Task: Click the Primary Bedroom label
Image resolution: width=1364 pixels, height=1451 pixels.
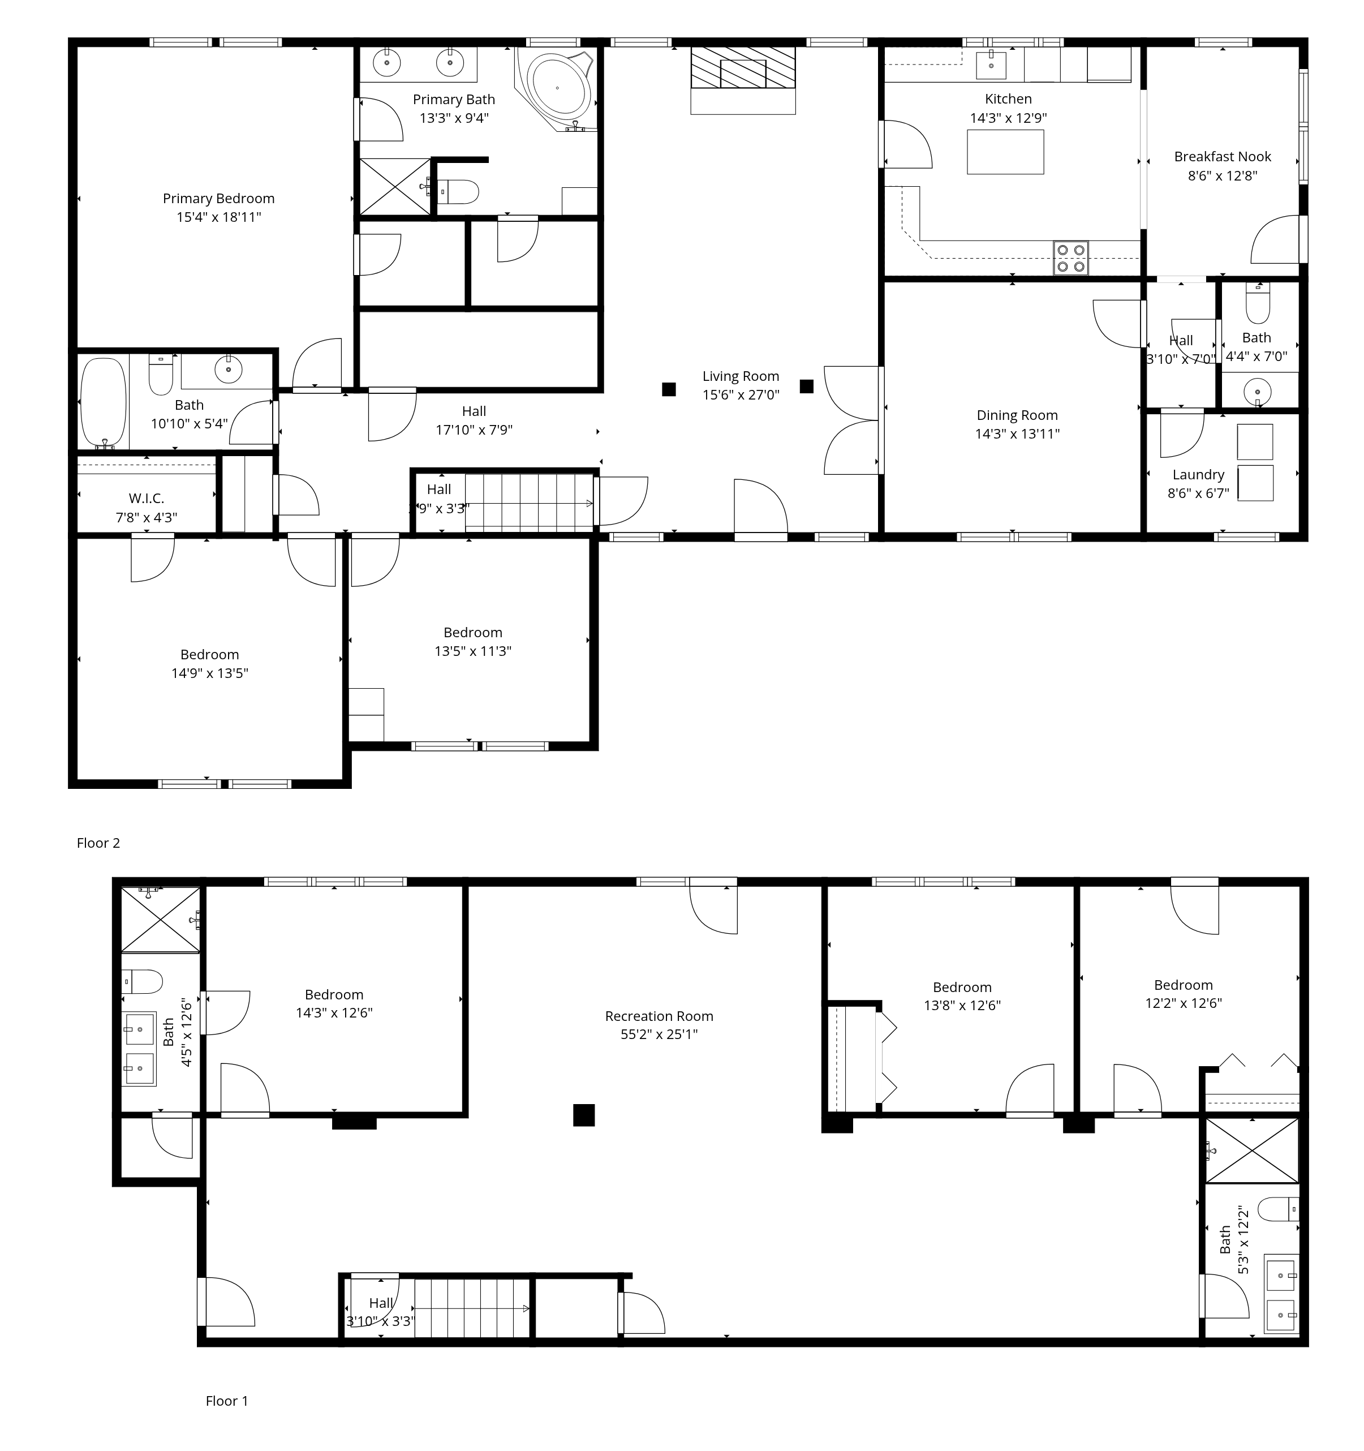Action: [x=218, y=199]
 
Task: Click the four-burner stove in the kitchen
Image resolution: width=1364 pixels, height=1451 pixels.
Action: [x=1070, y=257]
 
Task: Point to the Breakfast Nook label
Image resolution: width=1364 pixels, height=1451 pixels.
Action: [x=1223, y=156]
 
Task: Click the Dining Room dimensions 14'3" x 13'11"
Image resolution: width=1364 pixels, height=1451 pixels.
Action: [x=1017, y=433]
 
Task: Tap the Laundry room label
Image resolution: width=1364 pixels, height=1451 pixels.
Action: [x=1198, y=474]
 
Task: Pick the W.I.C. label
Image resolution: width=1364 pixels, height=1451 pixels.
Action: [x=146, y=499]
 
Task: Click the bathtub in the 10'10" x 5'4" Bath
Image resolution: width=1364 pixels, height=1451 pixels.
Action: [x=103, y=402]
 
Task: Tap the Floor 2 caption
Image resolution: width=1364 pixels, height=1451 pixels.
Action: [x=98, y=843]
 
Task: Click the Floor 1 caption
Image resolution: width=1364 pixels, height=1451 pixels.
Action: [x=227, y=1401]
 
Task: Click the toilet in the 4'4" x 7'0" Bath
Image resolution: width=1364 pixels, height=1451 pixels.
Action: [x=1258, y=303]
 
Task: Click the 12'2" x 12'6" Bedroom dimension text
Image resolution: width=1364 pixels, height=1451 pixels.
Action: [x=1183, y=1003]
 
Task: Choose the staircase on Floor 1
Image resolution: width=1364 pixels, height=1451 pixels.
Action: [x=472, y=1309]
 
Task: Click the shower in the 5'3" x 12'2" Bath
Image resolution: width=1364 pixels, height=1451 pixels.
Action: [x=1251, y=1151]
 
